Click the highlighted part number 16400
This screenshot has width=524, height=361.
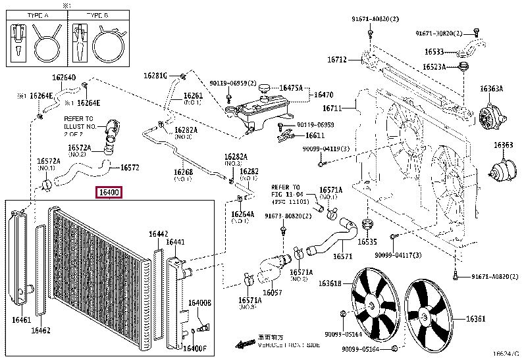pos(109,193)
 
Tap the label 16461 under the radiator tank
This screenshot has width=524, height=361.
pos(22,320)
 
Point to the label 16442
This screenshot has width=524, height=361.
pos(158,233)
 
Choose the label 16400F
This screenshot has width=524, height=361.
pos(195,348)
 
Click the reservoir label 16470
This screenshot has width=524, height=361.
pos(323,95)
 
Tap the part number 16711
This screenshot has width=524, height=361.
pos(332,108)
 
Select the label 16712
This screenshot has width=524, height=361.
pos(337,59)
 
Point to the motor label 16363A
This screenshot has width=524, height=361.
pos(491,89)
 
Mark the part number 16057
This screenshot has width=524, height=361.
pos(273,293)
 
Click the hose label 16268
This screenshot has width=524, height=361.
pos(183,173)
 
